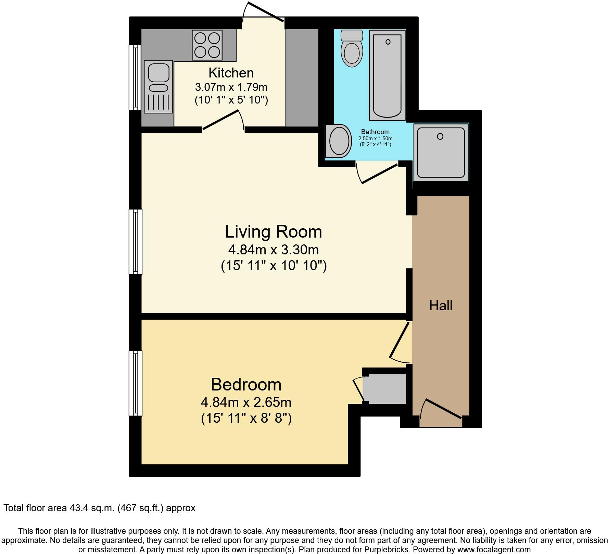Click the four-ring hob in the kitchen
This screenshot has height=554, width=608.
tap(207, 45)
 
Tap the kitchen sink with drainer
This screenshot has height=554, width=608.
tap(159, 86)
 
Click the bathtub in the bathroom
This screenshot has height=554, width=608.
tap(387, 75)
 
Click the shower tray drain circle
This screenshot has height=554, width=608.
tap(440, 136)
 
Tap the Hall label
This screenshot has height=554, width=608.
tap(441, 305)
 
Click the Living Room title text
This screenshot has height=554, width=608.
tap(273, 232)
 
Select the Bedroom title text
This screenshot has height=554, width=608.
tap(246, 384)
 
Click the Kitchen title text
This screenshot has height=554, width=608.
tap(231, 73)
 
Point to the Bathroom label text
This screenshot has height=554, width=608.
tap(375, 132)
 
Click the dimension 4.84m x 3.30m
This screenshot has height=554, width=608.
tap(273, 250)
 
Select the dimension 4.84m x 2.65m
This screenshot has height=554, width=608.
tap(246, 402)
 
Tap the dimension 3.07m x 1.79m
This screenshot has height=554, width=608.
tap(231, 87)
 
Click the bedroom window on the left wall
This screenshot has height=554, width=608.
tap(135, 383)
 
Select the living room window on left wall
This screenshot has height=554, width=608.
tap(135, 242)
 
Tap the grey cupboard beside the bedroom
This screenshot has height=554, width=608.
tap(385, 389)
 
